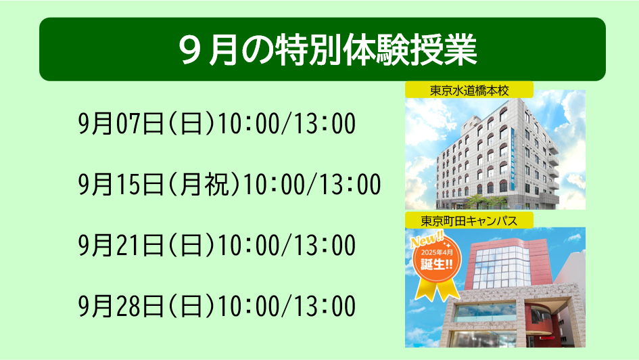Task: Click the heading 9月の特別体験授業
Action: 328,50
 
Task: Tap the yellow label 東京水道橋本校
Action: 469,90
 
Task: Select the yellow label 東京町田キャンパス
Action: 469,221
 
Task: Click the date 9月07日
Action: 121,124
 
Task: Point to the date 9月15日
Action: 121,184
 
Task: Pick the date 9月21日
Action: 121,245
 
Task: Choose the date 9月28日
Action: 121,306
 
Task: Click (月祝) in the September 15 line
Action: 204,184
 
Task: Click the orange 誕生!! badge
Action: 437,259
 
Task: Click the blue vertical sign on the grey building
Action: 513,158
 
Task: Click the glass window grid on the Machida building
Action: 502,267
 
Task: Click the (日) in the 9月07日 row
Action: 191,124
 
